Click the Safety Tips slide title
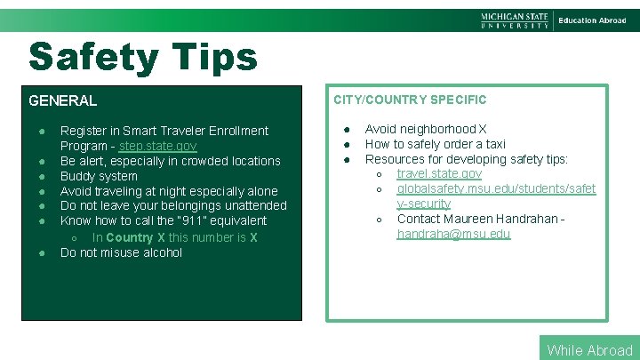coord(143,58)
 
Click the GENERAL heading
coord(62,100)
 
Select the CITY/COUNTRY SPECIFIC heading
coord(410,100)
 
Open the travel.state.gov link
coord(439,173)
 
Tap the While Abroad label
coord(589,349)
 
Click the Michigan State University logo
coord(515,20)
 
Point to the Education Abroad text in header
coord(592,20)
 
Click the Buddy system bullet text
coord(99,176)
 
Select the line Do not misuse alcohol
coord(121,252)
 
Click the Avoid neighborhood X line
coord(426,129)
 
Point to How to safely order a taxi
coord(436,144)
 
